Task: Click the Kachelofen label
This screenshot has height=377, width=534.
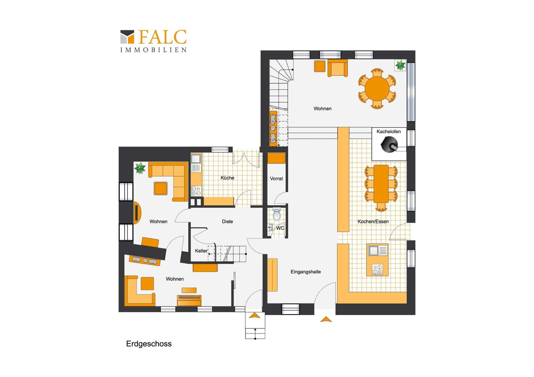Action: click(389, 131)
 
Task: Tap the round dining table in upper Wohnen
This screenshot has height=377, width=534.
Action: click(377, 89)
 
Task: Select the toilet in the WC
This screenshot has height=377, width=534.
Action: click(277, 214)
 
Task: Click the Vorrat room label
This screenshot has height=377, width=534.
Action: click(276, 179)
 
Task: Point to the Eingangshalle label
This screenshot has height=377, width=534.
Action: click(306, 272)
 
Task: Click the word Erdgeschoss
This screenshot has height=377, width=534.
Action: click(149, 344)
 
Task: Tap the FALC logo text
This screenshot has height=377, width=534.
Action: click(162, 37)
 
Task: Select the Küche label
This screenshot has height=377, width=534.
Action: click(227, 178)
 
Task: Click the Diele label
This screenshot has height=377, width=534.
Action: click(227, 221)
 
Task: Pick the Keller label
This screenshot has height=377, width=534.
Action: click(201, 251)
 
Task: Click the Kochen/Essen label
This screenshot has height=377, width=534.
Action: click(373, 221)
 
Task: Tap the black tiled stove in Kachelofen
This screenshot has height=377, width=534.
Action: click(389, 145)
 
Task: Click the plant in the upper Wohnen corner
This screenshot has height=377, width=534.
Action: click(400, 65)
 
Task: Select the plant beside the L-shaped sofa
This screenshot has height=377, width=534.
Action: click(140, 168)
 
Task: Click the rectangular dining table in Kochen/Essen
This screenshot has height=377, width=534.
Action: click(381, 184)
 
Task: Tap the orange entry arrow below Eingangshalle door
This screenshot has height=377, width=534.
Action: click(326, 319)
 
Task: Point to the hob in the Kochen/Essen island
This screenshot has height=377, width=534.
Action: click(377, 269)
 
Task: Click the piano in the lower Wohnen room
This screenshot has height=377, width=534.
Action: click(189, 299)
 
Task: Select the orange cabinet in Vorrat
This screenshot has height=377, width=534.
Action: click(276, 158)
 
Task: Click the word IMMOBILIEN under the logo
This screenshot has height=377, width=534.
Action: click(153, 50)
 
